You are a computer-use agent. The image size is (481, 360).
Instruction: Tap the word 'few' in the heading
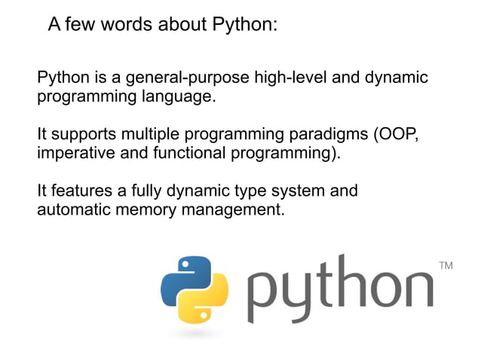(x=81, y=25)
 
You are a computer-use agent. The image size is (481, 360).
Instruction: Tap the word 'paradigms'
(x=329, y=136)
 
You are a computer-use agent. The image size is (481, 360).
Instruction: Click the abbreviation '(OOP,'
(x=394, y=136)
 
